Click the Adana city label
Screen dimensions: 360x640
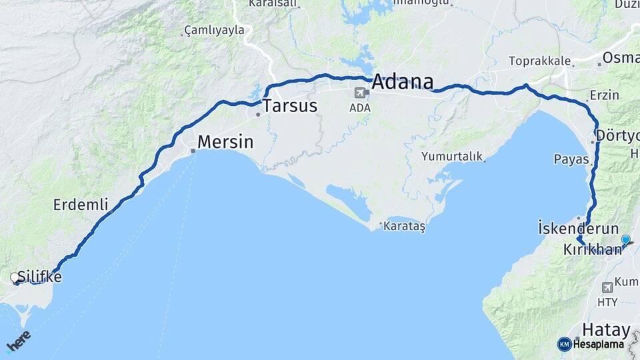403,82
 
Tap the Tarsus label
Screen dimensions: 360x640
289,106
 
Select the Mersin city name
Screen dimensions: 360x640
225,142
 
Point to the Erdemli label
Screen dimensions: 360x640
81,205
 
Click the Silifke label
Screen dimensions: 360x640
40,277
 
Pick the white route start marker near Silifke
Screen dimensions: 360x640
15,277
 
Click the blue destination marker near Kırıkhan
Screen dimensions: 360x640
625,239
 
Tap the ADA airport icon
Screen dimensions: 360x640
361,93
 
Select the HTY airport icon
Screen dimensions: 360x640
607,287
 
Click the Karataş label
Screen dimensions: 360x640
404,227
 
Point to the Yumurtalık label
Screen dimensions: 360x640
451,156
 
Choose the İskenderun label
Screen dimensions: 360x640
578,229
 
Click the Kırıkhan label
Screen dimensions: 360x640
592,250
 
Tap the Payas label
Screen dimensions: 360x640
571,159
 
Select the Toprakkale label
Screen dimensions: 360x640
539,61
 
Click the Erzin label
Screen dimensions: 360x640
605,95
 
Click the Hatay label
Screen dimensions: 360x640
605,329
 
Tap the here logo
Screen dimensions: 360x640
18,341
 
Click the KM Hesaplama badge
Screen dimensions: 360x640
591,344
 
